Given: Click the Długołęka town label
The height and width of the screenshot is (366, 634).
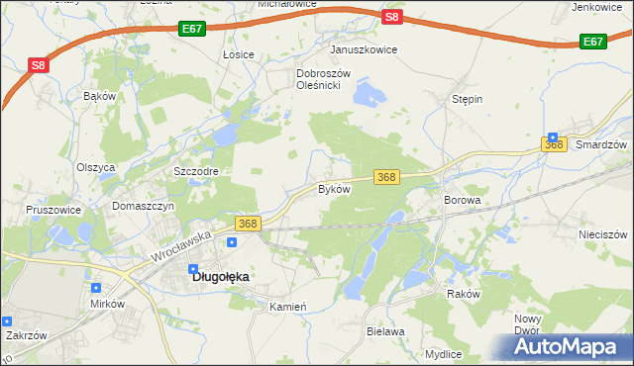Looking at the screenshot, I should click(x=219, y=277).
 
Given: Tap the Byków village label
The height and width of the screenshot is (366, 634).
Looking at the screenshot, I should click(x=334, y=188).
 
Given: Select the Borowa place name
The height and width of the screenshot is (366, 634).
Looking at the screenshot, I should click(x=463, y=200).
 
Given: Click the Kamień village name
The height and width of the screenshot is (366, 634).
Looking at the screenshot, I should click(x=288, y=307).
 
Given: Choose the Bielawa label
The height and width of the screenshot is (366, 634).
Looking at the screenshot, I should click(x=385, y=331).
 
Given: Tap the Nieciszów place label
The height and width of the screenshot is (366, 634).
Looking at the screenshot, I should click(x=603, y=234).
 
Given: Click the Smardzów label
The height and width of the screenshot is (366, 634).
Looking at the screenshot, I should click(x=601, y=144).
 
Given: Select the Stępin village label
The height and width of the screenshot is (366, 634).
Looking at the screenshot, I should click(x=467, y=100).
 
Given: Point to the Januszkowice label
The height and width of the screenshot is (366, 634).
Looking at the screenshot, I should click(x=364, y=49).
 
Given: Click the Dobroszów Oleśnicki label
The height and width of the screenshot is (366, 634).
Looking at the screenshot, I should click(x=318, y=79).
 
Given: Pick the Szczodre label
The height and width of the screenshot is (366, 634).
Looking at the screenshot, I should click(x=195, y=171).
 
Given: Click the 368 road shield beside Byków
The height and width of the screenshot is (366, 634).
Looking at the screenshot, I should click(x=387, y=177).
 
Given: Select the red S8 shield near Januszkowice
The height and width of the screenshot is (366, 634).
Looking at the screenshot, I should click(x=392, y=17).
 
